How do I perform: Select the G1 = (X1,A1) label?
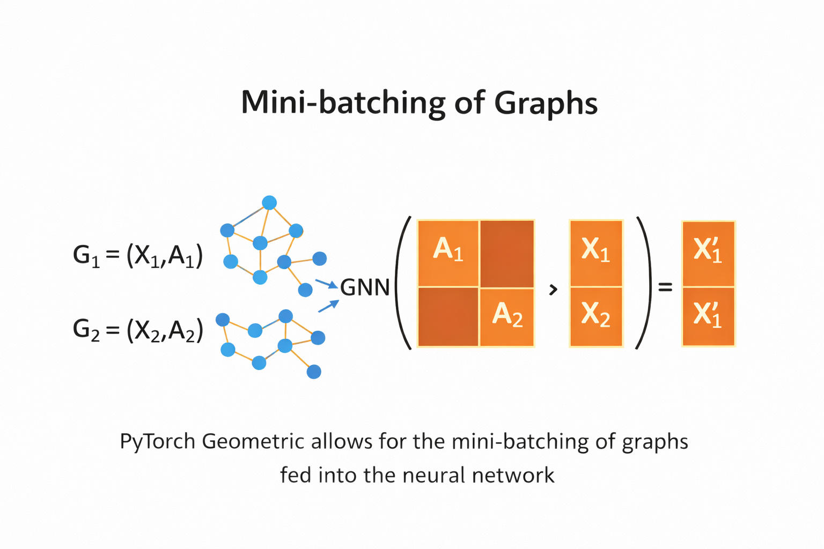pyautogui.click(x=138, y=256)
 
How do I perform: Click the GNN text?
pyautogui.click(x=365, y=288)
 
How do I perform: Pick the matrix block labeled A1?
pyautogui.click(x=448, y=253)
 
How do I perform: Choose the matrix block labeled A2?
pyautogui.click(x=507, y=317)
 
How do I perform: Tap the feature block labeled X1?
pyautogui.click(x=596, y=253)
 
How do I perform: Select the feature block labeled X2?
pyautogui.click(x=596, y=317)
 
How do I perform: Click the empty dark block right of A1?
pyautogui.click(x=507, y=253)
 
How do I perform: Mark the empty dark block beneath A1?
pyautogui.click(x=448, y=317)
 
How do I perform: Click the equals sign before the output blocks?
pyautogui.click(x=665, y=288)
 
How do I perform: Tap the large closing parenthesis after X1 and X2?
pyautogui.click(x=644, y=283)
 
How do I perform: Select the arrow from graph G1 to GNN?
pyautogui.click(x=327, y=284)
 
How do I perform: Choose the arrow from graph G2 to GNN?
pyautogui.click(x=329, y=306)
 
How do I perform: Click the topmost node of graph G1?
pyautogui.click(x=269, y=203)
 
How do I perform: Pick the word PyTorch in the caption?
pyautogui.click(x=158, y=442)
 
